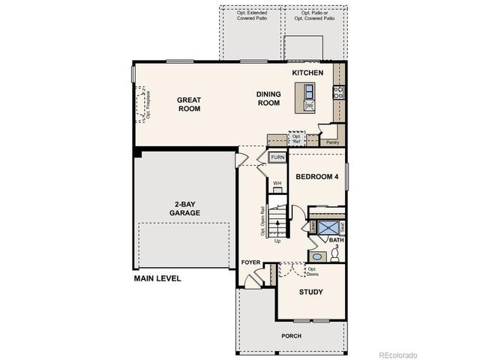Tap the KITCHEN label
coord(308,73)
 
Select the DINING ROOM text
coord(268,98)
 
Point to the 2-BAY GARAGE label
coord(184,208)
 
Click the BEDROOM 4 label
coord(316,177)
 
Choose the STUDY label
coord(310,292)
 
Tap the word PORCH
coord(292,335)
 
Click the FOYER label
coord(250,262)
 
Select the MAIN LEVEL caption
coord(157,278)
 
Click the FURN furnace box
coord(277,157)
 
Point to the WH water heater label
coord(277,183)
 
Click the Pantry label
coord(331,141)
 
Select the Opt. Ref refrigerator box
coord(296,139)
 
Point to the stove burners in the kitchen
coord(338,92)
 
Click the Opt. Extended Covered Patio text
coord(251,16)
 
